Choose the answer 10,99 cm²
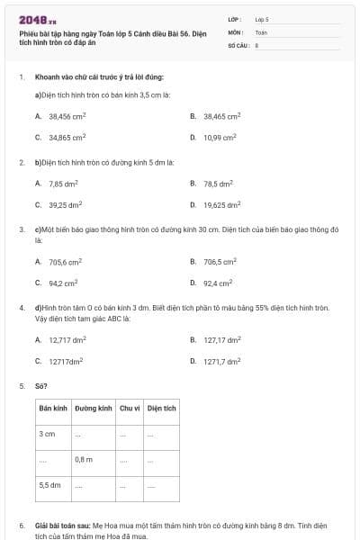pos(220,138)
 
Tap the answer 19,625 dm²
pos(221,204)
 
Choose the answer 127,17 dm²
pos(221,340)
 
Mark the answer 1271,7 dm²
pos(221,361)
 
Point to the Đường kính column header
pos(94,408)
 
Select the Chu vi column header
pos(130,408)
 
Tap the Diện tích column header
pos(161,408)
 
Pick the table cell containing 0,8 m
pos(84,459)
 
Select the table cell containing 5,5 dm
pos(50,484)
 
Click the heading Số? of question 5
pos(40,385)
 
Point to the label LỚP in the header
pos(236,18)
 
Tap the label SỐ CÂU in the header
pos(238,43)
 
